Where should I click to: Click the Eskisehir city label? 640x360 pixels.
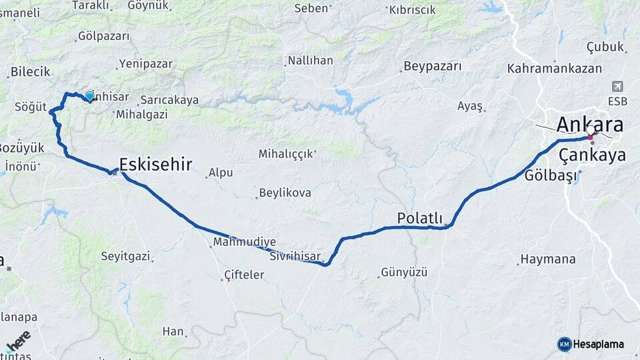tap(155, 164)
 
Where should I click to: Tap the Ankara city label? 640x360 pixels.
tap(589, 125)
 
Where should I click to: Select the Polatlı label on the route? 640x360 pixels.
tap(419, 218)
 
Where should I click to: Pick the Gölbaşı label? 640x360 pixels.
tap(549, 176)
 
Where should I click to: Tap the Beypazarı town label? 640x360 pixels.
tap(432, 67)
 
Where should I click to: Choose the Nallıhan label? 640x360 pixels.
tap(310, 61)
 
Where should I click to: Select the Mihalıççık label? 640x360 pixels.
tap(285, 154)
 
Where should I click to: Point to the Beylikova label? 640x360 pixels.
tap(286, 193)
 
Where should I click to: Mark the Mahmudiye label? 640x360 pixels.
tap(244, 242)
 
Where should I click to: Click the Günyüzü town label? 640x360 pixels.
tap(403, 272)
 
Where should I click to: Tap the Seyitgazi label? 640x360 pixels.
tap(125, 256)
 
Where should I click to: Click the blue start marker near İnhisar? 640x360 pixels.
tap(89, 96)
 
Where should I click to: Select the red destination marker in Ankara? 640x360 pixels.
tap(590, 137)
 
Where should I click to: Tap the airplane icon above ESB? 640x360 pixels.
tap(617, 87)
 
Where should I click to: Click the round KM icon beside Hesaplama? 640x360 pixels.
tap(565, 344)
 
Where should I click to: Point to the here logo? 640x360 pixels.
tap(18, 341)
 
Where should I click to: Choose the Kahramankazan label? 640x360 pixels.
tap(554, 68)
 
